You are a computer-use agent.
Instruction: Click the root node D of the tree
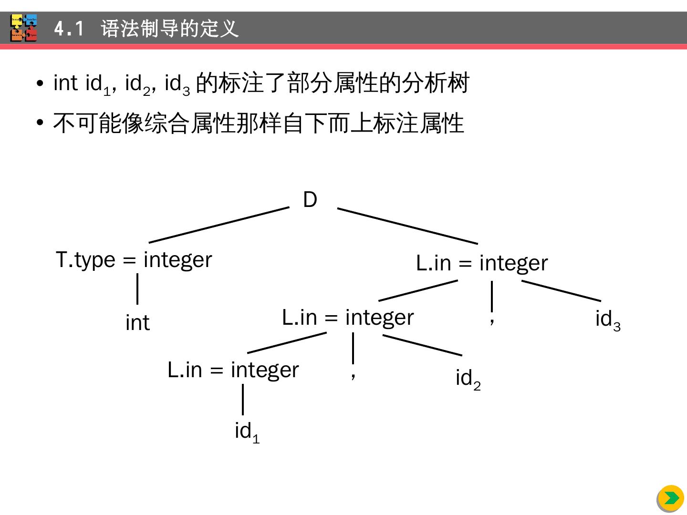coord(310,200)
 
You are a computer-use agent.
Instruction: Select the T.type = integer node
coord(134,260)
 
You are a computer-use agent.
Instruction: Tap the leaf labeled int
coord(137,323)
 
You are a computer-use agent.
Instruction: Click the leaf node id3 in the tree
coord(607,319)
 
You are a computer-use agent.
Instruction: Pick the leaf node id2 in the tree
coord(468,379)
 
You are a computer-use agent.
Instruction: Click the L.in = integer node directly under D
coord(482,263)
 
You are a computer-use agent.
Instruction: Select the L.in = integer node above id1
coord(233,370)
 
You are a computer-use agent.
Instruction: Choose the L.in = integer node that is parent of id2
coord(348,318)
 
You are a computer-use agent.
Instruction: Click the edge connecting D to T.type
coord(219,225)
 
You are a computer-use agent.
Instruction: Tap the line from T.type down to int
coord(137,289)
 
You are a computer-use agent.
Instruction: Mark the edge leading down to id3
coord(561,291)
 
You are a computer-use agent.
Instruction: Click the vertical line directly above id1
coord(243,400)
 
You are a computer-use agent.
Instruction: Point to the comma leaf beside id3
coord(492,320)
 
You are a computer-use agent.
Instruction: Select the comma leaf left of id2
coord(353,375)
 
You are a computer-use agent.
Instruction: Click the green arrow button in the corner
coord(671,498)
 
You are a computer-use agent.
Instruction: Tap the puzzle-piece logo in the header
coord(24,28)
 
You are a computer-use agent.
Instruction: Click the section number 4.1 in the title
coord(69,29)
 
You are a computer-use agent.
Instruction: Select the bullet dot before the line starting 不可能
coord(40,123)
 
